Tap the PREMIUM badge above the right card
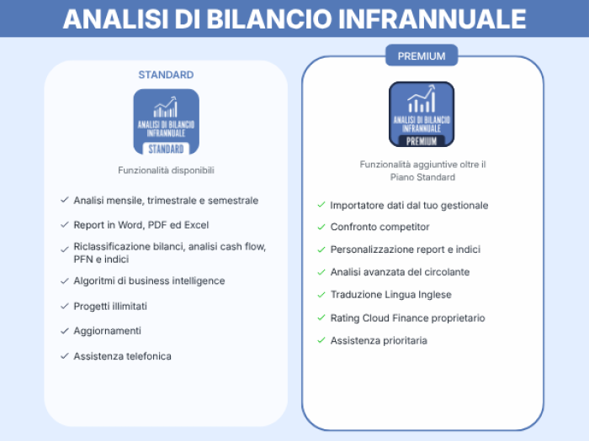pos(422,55)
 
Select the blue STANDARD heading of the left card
pos(166,75)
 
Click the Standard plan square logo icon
pos(166,122)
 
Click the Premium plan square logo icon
pos(422,114)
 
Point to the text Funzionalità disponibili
pos(166,171)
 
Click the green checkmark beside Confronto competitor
pos(321,227)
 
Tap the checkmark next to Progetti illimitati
pos(65,306)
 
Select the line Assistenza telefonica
pos(123,356)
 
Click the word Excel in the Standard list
pos(196,225)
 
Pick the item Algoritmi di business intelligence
pos(149,281)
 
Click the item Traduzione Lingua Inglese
pos(390,295)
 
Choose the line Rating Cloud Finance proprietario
pos(407,318)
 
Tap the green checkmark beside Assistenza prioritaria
pos(321,340)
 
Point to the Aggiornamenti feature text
pos(108,331)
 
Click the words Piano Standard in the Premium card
pos(422,177)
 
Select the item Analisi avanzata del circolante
pos(400,272)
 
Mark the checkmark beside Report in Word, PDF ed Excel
pos(65,225)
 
